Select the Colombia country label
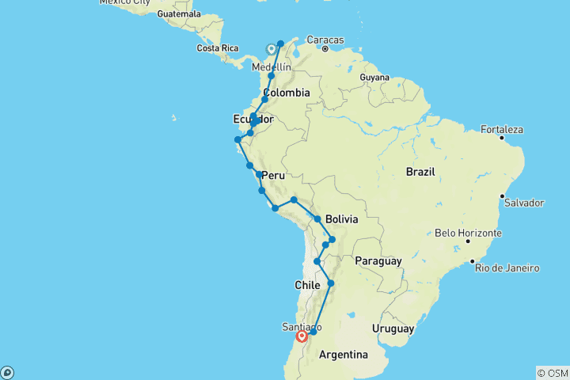click(x=285, y=93)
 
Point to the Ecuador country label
click(x=253, y=119)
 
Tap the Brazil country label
click(x=422, y=171)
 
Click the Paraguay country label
click(x=379, y=260)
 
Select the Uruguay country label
click(x=392, y=327)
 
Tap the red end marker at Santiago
click(x=302, y=336)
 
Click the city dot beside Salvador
click(x=502, y=196)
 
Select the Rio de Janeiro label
click(x=507, y=268)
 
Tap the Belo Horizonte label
click(x=468, y=234)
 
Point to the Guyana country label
click(x=374, y=78)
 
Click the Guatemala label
click(x=180, y=14)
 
